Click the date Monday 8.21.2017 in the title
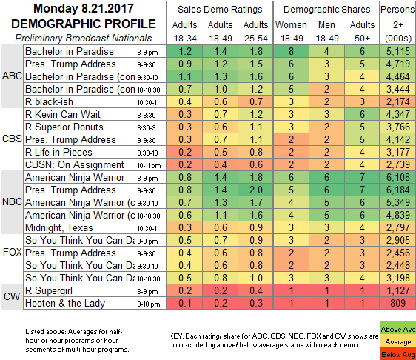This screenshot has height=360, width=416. click(84, 8)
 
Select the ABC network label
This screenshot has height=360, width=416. click(12, 76)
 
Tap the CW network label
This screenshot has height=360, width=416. click(12, 296)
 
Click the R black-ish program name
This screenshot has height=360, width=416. click(49, 101)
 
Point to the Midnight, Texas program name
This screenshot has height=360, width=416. click(59, 228)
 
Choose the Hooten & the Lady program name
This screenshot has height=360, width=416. click(65, 303)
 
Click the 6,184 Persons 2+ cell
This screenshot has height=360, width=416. click(398, 190)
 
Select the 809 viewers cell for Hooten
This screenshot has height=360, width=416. click(398, 303)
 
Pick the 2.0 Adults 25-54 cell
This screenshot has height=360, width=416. click(256, 190)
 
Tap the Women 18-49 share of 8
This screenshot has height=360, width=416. click(292, 51)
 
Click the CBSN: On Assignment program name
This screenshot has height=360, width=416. click(75, 165)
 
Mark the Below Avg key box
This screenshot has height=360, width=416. click(397, 354)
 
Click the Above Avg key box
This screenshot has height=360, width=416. click(397, 330)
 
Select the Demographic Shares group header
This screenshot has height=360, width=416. click(326, 10)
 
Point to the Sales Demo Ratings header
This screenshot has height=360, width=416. click(220, 10)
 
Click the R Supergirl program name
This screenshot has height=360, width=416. click(49, 290)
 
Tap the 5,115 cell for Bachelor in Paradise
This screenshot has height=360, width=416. click(398, 51)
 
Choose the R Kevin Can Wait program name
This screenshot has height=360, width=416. click(63, 114)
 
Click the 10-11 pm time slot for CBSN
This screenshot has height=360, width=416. click(149, 166)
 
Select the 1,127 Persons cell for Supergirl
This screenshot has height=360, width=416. click(398, 290)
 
